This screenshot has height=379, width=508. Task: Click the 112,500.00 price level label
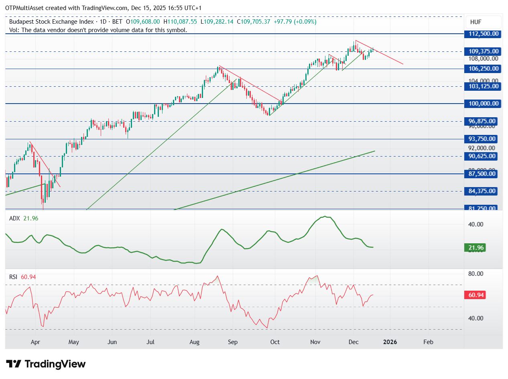[x=483, y=34]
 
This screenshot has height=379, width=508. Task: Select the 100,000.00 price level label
[x=483, y=104]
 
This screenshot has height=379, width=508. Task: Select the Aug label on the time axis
[x=195, y=342]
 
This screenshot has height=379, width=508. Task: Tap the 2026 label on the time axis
[x=390, y=342]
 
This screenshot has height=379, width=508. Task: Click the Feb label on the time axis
[x=429, y=342]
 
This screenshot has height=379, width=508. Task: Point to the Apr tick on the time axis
[x=35, y=342]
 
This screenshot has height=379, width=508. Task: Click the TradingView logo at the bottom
[x=46, y=364]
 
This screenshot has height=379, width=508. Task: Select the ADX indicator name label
[x=14, y=218]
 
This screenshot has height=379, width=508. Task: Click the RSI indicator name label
[x=14, y=277]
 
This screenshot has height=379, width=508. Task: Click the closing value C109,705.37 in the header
[x=254, y=22]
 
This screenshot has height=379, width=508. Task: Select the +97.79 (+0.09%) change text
[x=295, y=22]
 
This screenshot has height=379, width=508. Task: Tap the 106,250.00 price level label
[x=483, y=69]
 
